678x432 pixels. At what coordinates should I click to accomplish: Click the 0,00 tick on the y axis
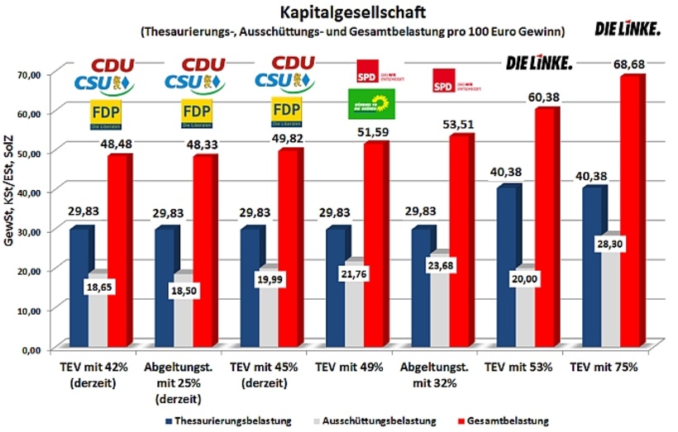point(30,349)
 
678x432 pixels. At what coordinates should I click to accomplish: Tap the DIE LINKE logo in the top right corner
point(628,29)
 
